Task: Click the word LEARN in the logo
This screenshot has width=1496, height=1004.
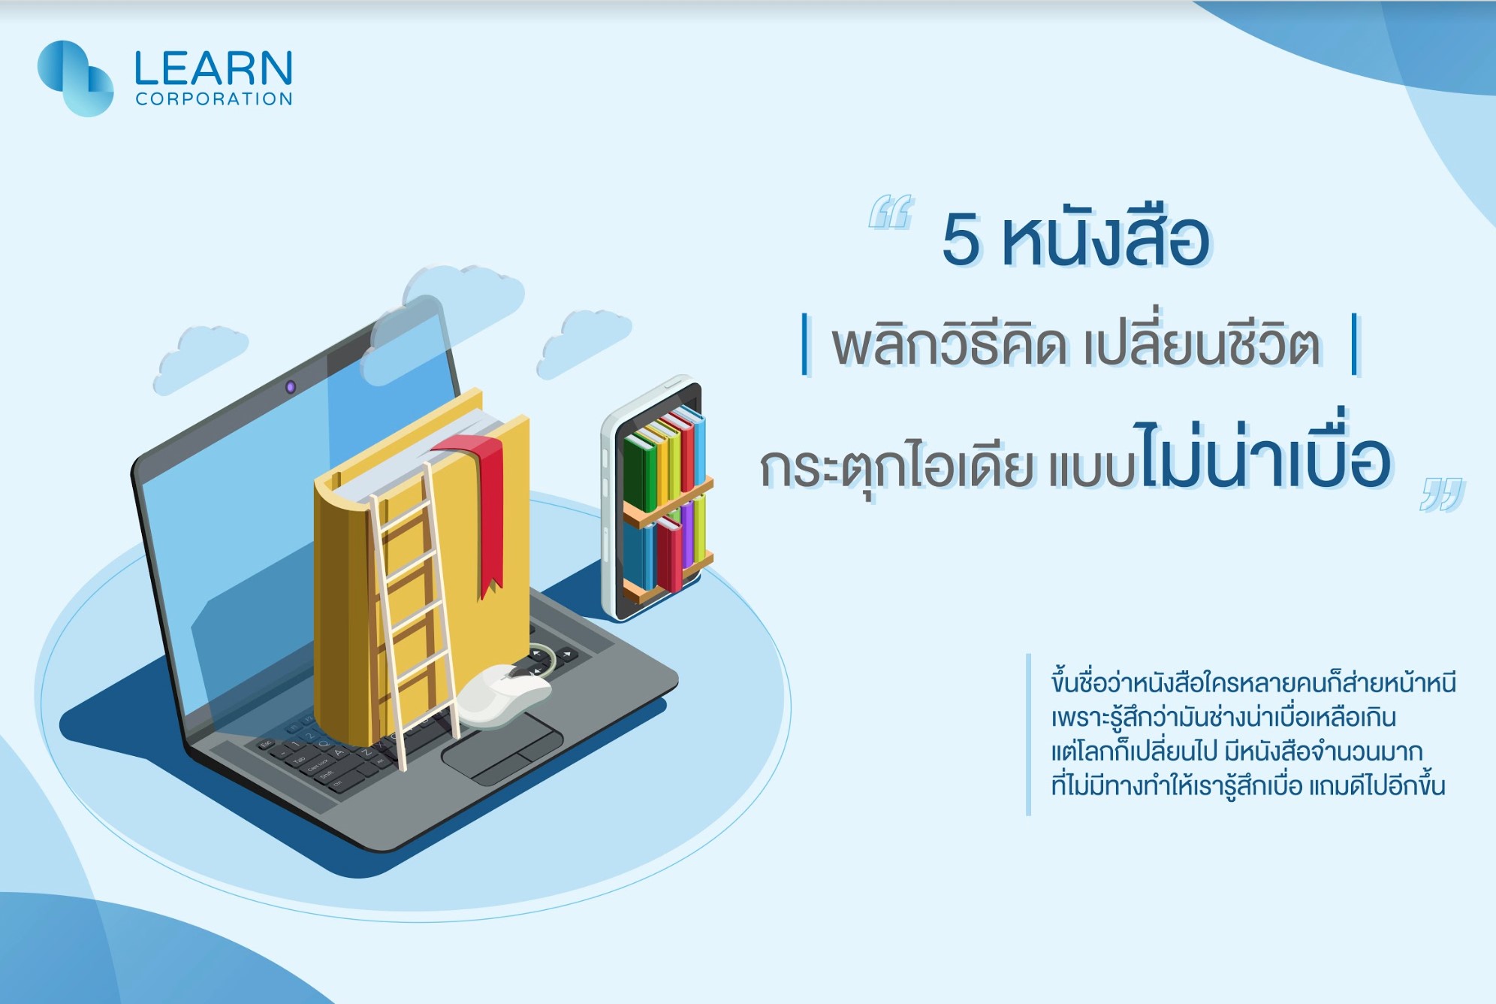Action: click(213, 68)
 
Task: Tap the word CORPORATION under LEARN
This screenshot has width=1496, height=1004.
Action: click(214, 99)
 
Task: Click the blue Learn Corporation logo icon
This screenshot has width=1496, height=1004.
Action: click(75, 78)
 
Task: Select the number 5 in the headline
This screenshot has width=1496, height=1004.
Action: click(961, 239)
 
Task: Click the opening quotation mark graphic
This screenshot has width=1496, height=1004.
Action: click(891, 211)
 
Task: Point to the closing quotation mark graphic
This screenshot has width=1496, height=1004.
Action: click(1442, 494)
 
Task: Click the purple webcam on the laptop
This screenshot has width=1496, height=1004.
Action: click(291, 387)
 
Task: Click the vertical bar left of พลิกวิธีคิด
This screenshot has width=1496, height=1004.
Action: click(806, 343)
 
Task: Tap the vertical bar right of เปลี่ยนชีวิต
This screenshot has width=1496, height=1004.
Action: click(1355, 343)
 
